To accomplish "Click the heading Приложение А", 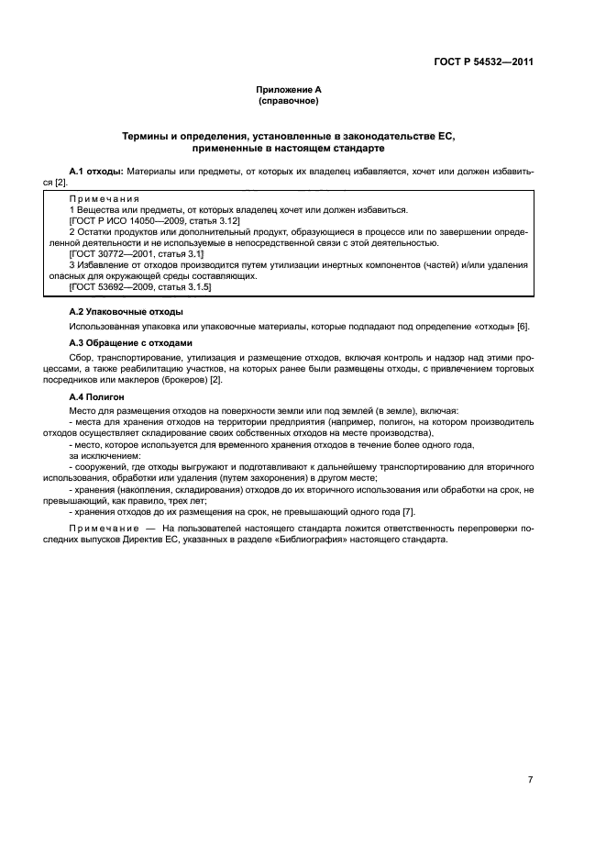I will [x=288, y=90].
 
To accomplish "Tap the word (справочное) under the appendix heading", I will [x=288, y=101].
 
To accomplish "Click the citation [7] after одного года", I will [x=409, y=511].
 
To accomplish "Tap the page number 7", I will [x=530, y=753].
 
